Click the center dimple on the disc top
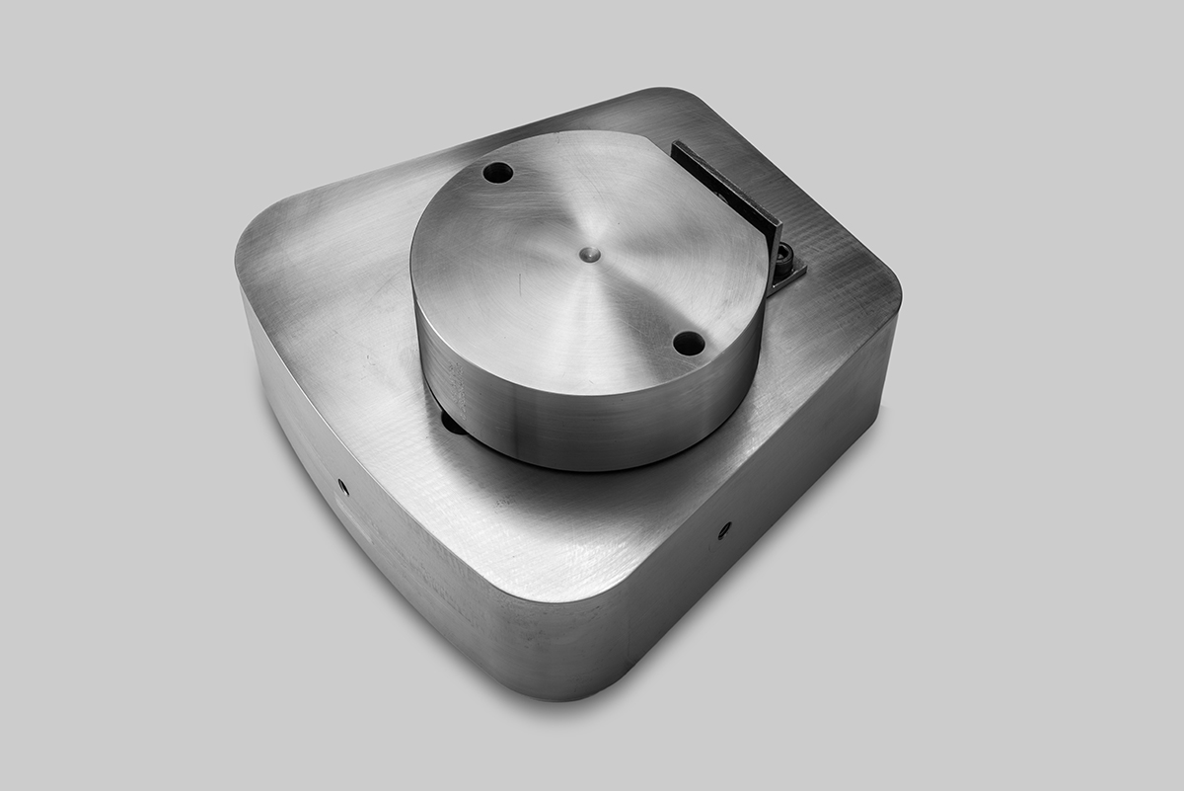(x=589, y=254)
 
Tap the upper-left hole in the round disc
(x=497, y=172)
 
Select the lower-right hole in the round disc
(x=689, y=344)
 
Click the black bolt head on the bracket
(x=783, y=258)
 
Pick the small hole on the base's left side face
(x=342, y=486)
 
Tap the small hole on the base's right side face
(x=723, y=530)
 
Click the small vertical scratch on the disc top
(x=520, y=285)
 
